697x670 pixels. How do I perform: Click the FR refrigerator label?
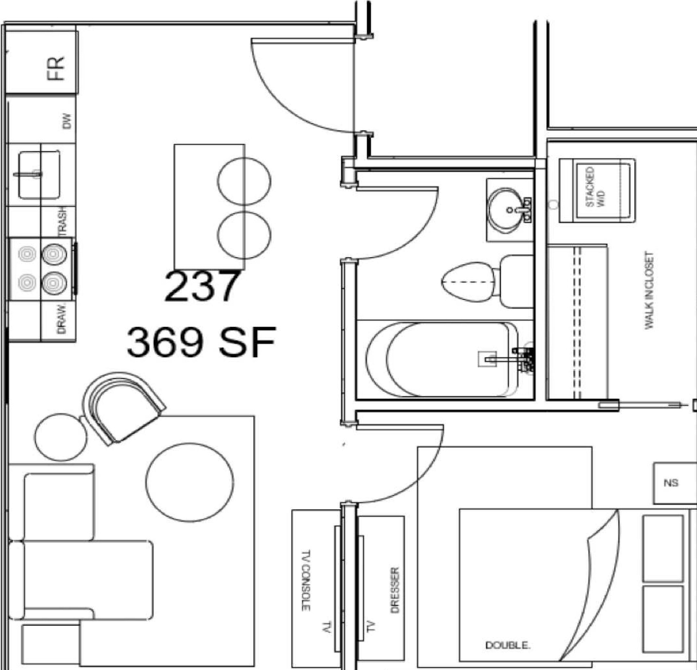tap(56, 68)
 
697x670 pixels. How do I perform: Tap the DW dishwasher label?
tap(66, 121)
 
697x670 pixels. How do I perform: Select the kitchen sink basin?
tap(39, 175)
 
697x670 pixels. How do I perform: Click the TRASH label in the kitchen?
tap(63, 221)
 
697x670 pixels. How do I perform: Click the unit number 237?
tap(201, 287)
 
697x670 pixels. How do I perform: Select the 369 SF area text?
tap(201, 342)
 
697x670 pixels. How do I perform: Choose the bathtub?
tap(441, 360)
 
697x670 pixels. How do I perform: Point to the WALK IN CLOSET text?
tap(649, 290)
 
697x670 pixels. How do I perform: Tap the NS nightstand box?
tap(671, 483)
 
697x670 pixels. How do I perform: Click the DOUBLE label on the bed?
tap(508, 645)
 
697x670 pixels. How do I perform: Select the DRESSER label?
tap(395, 590)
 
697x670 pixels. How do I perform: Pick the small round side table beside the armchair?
tap(60, 437)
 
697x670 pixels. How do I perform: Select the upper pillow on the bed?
tap(662, 548)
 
